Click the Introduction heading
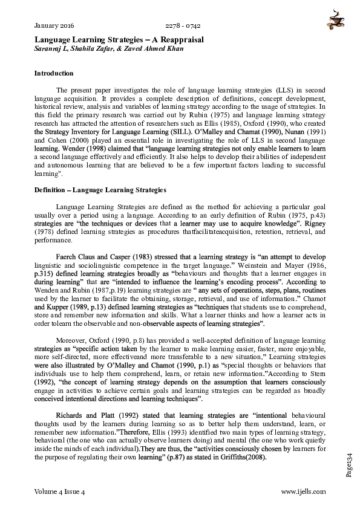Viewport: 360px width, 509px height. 54,73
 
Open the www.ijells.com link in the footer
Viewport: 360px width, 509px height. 304,492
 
